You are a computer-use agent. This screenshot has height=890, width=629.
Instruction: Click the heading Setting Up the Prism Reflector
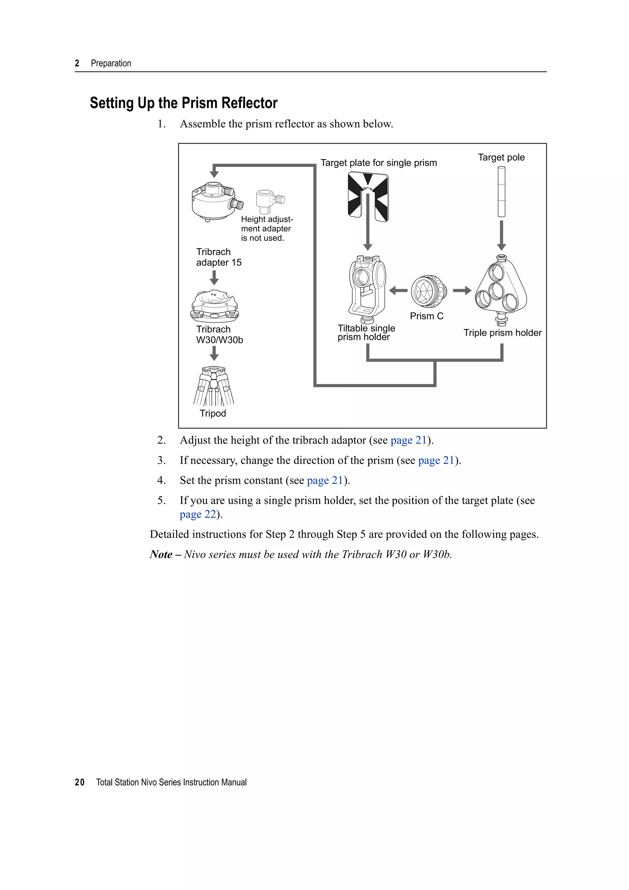click(183, 103)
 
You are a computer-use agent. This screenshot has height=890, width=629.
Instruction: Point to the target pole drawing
click(501, 192)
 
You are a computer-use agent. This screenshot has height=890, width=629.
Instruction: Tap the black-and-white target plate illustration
click(368, 197)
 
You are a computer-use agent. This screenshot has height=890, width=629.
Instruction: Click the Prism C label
click(426, 316)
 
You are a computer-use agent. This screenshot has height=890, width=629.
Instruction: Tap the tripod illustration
click(213, 386)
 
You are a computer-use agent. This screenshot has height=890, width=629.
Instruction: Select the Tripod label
click(213, 414)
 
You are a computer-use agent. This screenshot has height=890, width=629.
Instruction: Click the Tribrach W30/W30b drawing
click(214, 306)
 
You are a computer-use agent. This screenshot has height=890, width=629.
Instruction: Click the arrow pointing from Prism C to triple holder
click(462, 290)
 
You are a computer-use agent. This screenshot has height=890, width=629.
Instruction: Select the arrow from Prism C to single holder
click(398, 290)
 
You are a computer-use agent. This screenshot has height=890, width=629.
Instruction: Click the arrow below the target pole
click(501, 236)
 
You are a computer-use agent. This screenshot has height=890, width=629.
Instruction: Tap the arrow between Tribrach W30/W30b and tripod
click(214, 353)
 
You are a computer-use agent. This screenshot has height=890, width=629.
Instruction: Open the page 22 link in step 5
click(198, 514)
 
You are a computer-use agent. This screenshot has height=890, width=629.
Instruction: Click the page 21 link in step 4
click(325, 481)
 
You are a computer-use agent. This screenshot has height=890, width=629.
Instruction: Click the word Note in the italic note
click(161, 555)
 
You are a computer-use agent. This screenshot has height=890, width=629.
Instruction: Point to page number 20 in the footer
click(80, 782)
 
